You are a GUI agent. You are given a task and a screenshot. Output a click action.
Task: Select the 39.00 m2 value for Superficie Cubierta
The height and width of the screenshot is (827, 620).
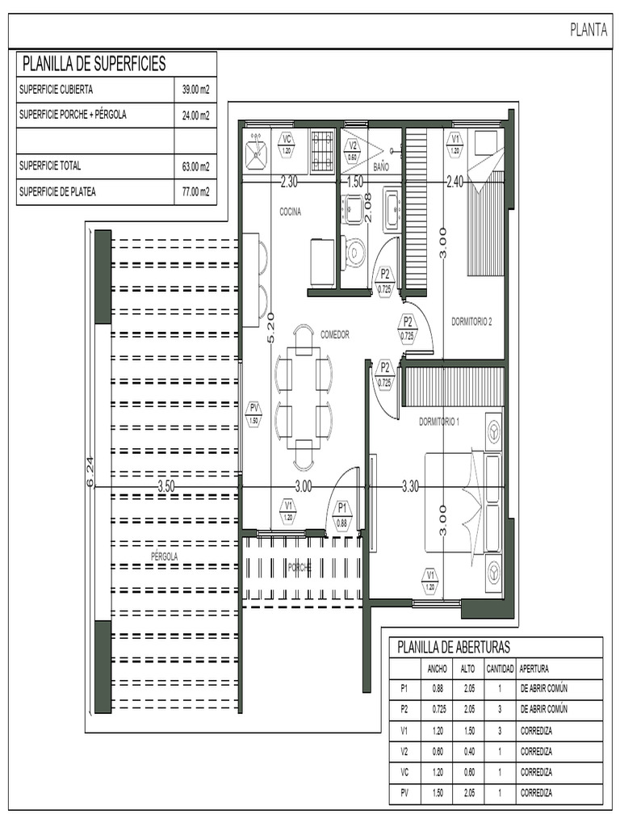point(195,90)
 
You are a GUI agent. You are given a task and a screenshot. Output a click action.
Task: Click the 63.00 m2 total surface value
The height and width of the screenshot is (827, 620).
point(195,167)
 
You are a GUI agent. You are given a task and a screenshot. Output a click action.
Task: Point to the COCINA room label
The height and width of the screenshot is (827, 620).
point(291,212)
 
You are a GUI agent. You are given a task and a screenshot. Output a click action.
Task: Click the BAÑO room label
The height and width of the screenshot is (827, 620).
point(383,166)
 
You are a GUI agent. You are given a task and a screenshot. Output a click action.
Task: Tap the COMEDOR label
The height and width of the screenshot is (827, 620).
point(335,334)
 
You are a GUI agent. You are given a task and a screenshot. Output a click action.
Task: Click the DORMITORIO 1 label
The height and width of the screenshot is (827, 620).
point(438,422)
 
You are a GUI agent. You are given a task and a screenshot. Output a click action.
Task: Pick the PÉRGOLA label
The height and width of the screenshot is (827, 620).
point(164,556)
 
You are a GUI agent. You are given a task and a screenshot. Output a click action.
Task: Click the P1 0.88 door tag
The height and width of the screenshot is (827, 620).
point(342,514)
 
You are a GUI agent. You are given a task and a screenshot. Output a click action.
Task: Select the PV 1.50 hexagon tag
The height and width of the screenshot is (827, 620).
point(253,413)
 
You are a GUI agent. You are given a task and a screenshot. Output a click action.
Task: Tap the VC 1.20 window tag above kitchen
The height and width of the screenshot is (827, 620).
point(287,145)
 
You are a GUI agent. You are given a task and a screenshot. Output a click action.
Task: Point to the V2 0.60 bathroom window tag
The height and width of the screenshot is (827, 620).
point(352,151)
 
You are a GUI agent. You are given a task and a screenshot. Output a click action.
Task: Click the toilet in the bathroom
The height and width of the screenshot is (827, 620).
point(354,254)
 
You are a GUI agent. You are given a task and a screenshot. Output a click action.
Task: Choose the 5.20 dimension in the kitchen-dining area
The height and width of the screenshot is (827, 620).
point(270,327)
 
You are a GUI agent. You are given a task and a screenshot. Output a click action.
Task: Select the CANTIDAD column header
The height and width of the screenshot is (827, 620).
point(500,669)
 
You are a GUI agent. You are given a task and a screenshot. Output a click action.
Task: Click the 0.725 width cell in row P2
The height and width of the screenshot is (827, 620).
point(437,709)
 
